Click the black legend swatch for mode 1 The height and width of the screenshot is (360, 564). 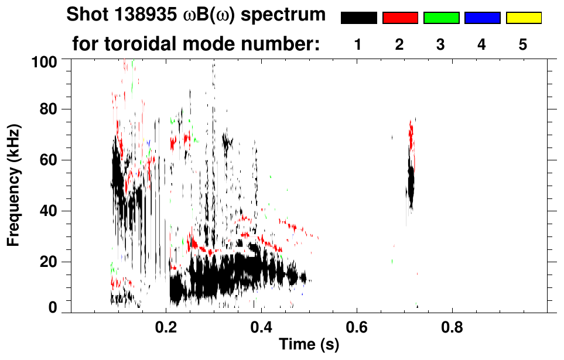(359, 18)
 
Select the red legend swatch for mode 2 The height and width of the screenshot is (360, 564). (400, 18)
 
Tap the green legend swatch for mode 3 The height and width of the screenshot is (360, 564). (441, 18)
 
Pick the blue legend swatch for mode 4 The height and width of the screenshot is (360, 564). (482, 18)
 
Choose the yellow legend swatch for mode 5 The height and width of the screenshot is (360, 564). (524, 18)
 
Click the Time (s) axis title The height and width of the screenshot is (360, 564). (308, 345)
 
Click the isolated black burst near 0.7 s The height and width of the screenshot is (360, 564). (411, 184)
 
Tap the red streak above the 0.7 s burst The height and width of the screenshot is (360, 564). (411, 138)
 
